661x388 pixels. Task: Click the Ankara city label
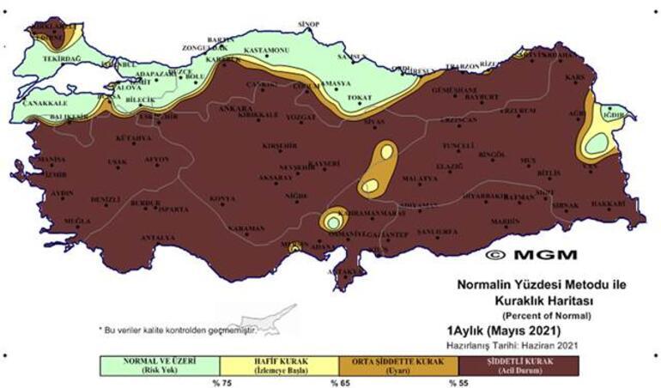206,110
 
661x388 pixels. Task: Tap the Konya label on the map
221,198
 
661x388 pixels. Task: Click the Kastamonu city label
266,51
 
